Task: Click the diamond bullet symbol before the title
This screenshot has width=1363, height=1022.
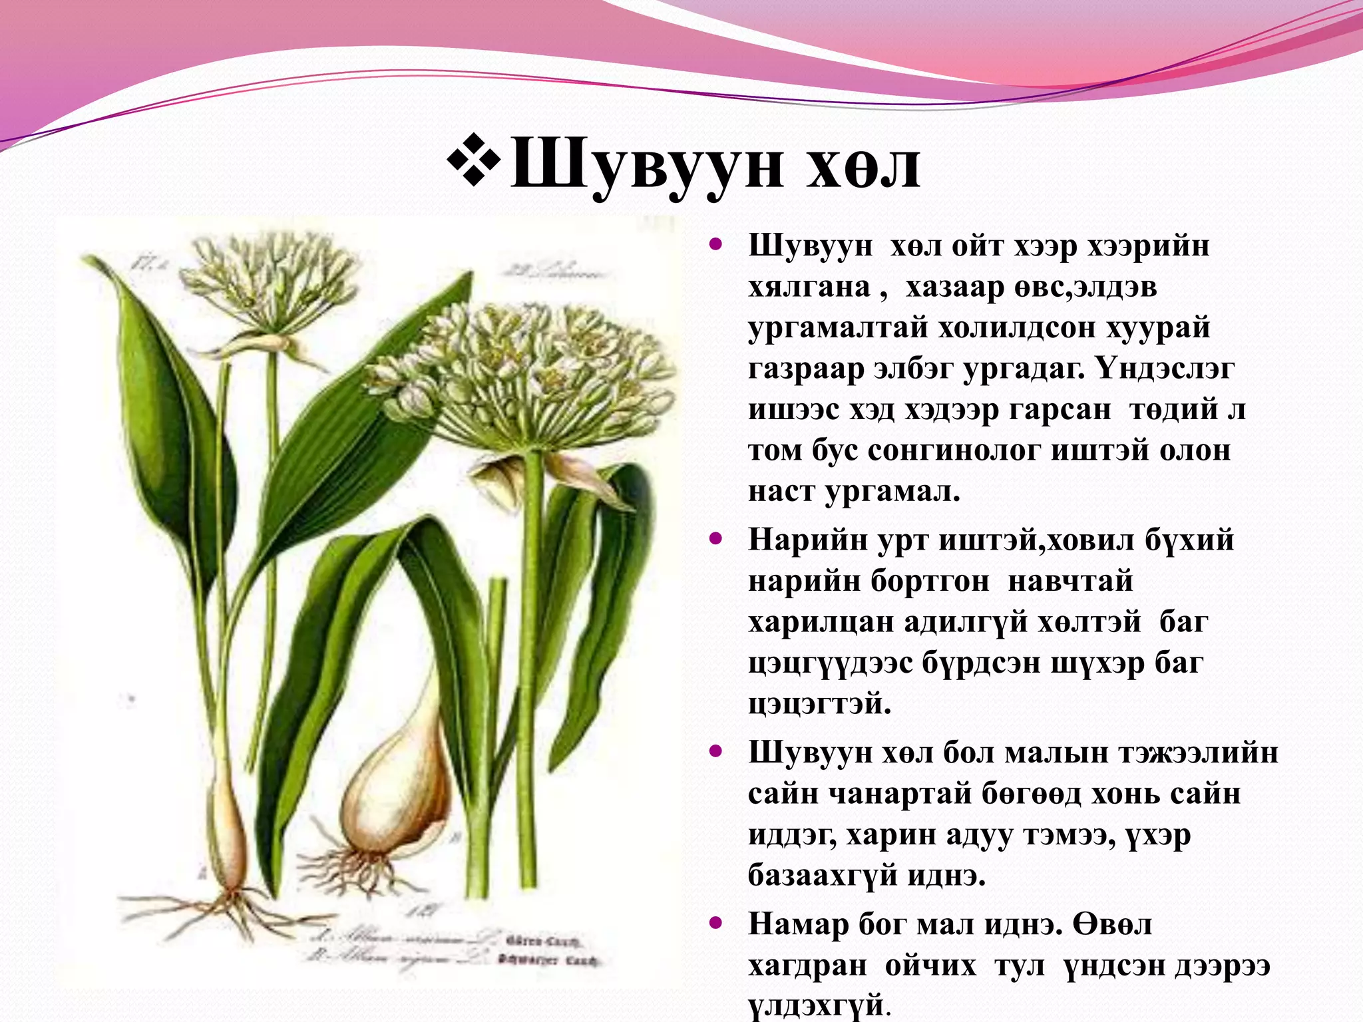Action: (474, 159)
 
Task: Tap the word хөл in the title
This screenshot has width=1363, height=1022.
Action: (863, 166)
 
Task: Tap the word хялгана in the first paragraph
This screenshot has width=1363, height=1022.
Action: (809, 287)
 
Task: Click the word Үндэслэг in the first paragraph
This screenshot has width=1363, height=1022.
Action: (1165, 369)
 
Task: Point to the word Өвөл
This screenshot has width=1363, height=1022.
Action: (1112, 925)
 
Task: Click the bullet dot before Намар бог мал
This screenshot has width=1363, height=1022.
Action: (716, 924)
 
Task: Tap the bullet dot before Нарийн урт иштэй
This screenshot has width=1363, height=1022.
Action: (716, 538)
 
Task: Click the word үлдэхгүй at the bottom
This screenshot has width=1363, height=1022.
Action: (817, 1005)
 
